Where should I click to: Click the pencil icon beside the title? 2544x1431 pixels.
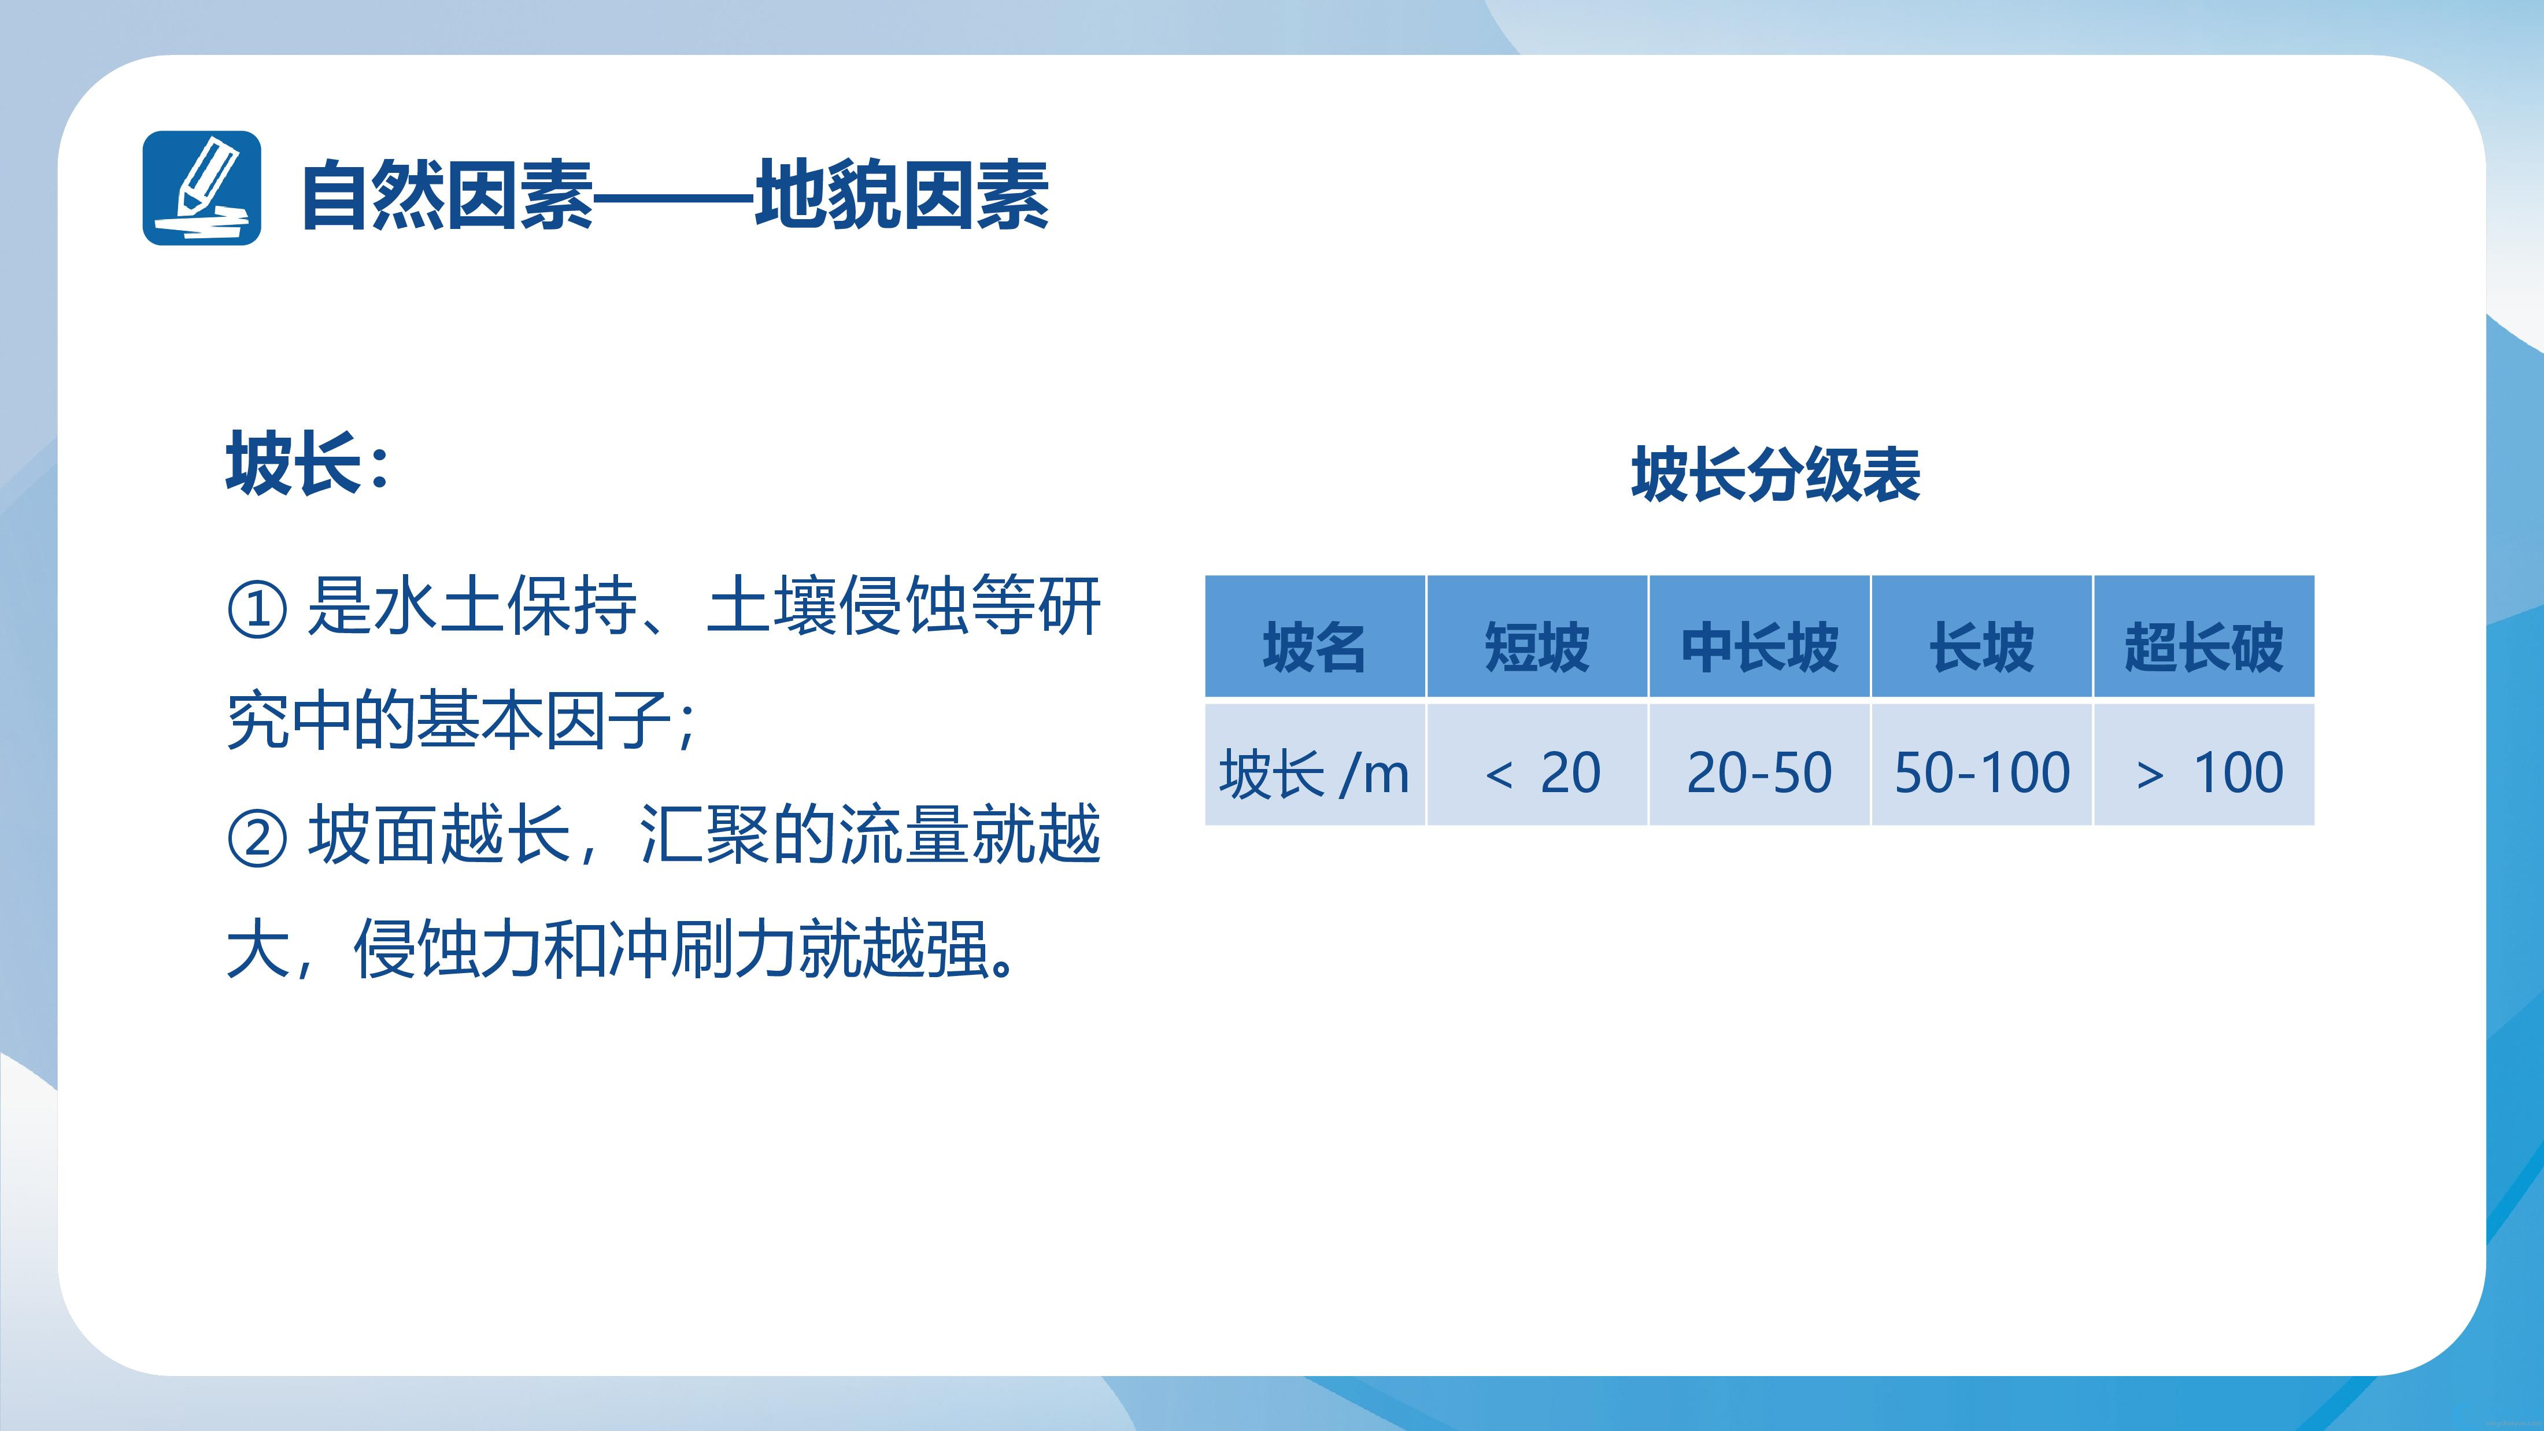[201, 188]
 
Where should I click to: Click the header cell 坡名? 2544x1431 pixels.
[1314, 648]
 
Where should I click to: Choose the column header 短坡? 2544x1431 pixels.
[1537, 648]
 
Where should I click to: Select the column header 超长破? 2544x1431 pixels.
[2204, 648]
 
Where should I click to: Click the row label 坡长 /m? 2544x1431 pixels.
[1314, 772]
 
